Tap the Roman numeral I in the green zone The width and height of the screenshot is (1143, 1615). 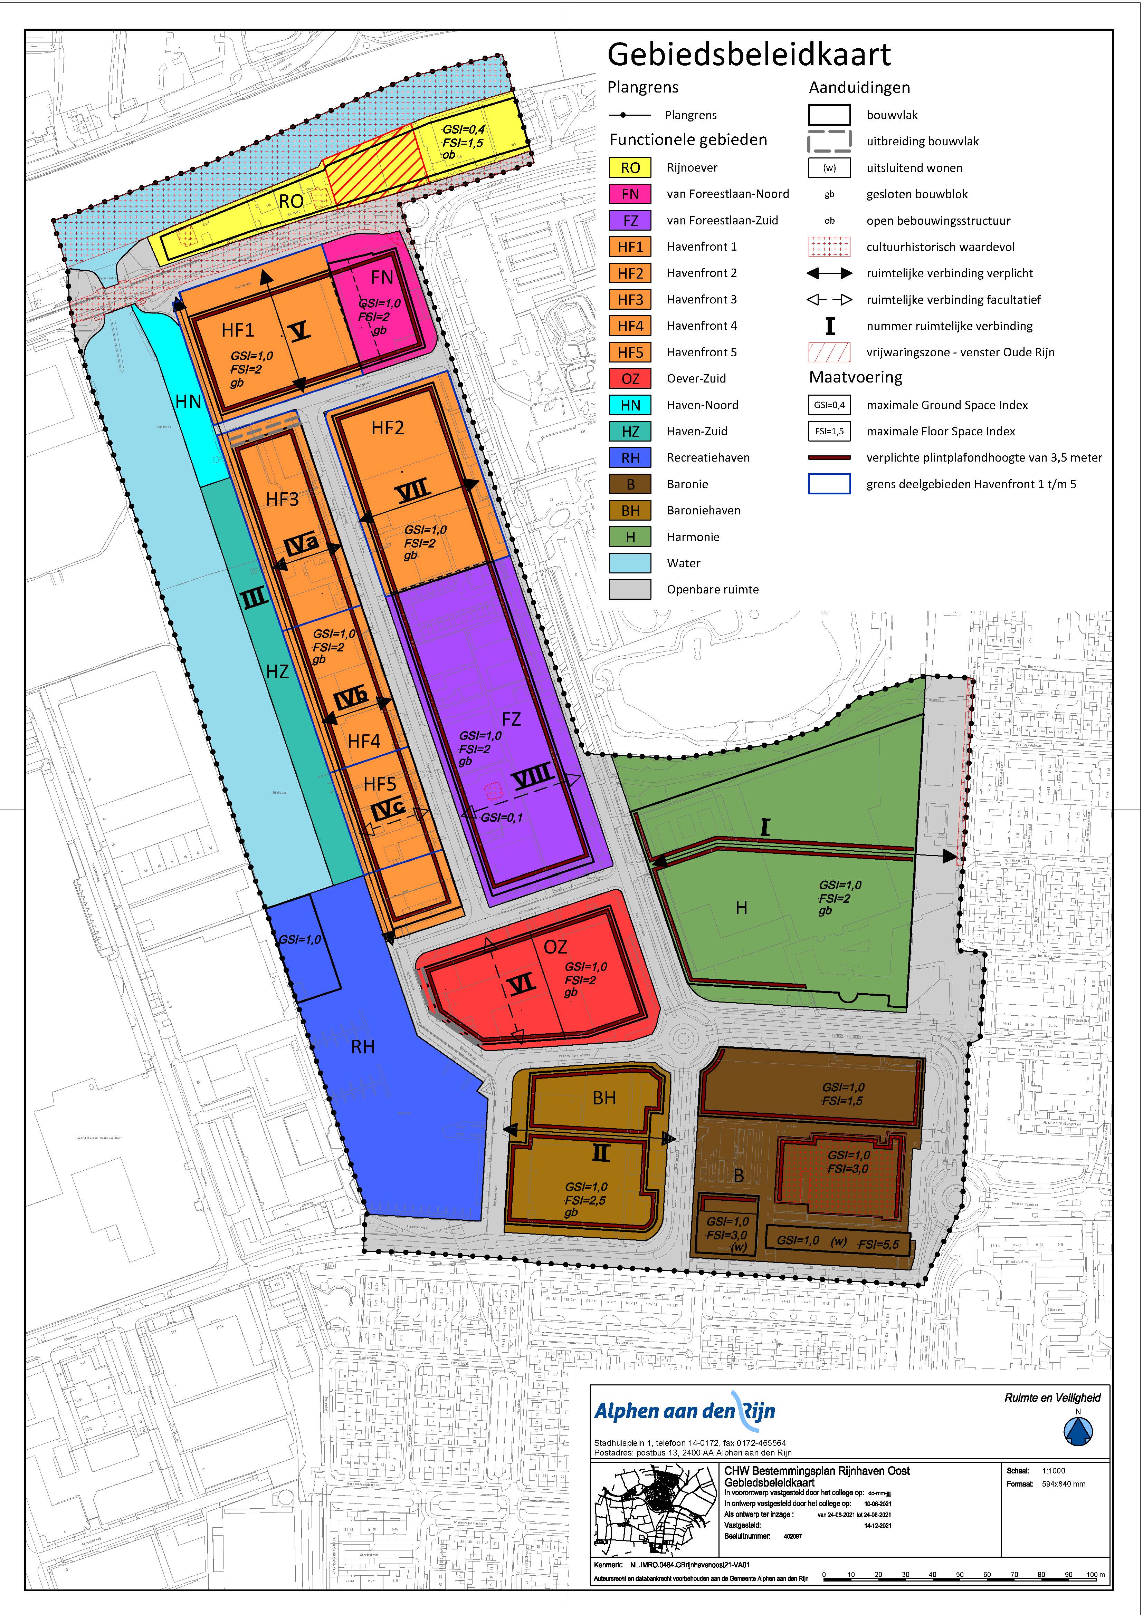click(765, 827)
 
